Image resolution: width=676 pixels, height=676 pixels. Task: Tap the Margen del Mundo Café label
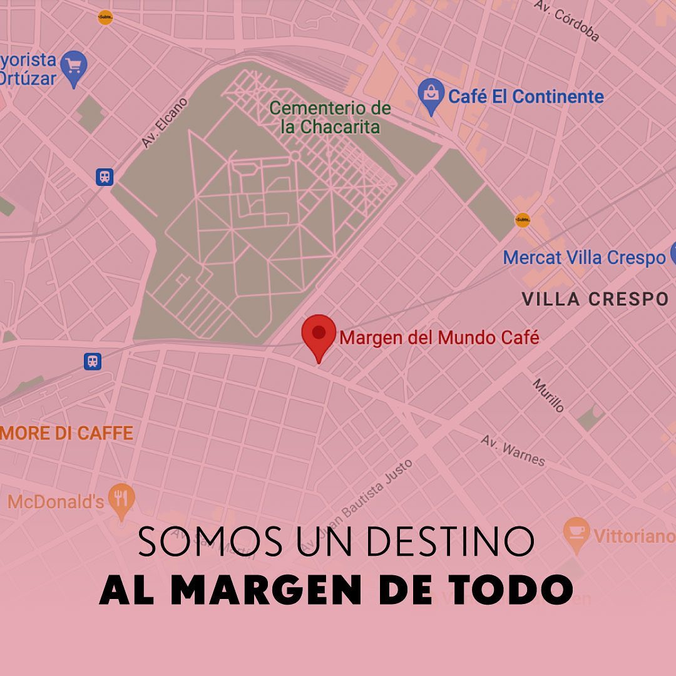[x=439, y=338]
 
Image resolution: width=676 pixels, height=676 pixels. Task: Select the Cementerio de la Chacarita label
[x=330, y=118]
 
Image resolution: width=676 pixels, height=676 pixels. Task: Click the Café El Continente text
[x=526, y=97]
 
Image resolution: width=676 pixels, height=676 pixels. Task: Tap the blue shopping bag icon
[x=431, y=96]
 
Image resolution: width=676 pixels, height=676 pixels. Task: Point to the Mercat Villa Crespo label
[x=584, y=257]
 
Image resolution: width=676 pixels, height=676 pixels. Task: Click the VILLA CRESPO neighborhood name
[x=595, y=299]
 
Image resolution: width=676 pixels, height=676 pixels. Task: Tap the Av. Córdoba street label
[x=567, y=21]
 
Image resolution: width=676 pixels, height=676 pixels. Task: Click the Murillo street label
[x=548, y=395]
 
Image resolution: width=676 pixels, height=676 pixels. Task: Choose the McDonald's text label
[x=56, y=501]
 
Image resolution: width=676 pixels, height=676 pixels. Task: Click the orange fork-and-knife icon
[x=121, y=499]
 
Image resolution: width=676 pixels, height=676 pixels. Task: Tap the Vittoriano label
[x=633, y=536]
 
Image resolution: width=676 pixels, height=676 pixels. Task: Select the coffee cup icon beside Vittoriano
[x=576, y=533]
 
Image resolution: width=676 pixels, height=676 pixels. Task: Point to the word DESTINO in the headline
[x=451, y=541]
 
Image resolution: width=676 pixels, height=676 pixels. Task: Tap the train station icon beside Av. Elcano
[x=105, y=177]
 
